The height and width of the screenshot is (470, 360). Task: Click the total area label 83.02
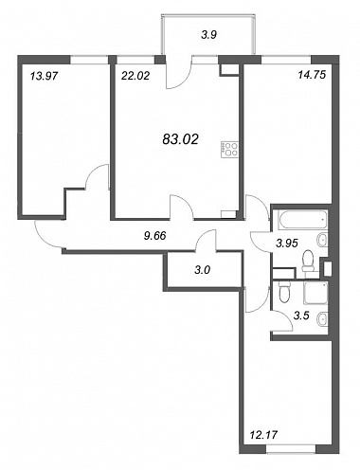(x=180, y=139)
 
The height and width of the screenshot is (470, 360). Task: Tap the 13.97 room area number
(x=45, y=76)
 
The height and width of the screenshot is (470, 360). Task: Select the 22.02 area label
(x=135, y=76)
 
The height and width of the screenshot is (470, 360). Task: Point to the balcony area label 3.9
(x=208, y=34)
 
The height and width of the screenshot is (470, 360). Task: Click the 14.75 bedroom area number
(x=312, y=75)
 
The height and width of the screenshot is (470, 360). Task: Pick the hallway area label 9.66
(x=154, y=236)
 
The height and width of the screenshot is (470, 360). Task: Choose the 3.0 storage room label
(x=203, y=270)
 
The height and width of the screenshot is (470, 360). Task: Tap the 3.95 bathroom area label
(x=287, y=244)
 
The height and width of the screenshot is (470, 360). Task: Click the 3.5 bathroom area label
(x=301, y=316)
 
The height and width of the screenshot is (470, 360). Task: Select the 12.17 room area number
(x=263, y=435)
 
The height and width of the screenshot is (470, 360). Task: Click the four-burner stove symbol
(x=229, y=150)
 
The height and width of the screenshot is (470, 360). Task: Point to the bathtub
(x=303, y=220)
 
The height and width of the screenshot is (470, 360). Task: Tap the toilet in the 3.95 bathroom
(x=308, y=261)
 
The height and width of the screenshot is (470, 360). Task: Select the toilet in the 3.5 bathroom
(x=284, y=292)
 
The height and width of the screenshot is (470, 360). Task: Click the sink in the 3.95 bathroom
(x=322, y=240)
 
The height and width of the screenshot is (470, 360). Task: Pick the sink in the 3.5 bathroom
(x=322, y=318)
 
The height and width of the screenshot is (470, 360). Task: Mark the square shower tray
(x=315, y=294)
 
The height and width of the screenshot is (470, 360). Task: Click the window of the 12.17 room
(x=291, y=449)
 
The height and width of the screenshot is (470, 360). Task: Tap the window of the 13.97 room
(x=89, y=60)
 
